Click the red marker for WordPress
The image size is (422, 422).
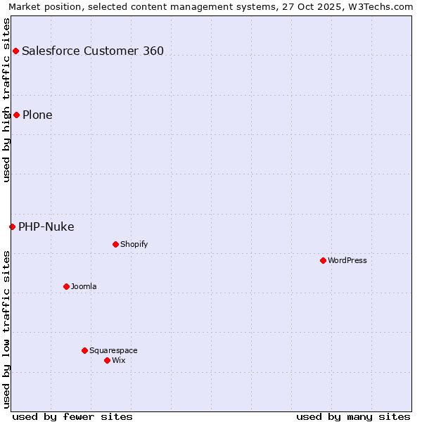(323, 260)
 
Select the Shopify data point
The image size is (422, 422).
(115, 244)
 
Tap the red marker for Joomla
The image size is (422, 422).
(66, 286)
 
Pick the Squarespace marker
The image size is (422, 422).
(84, 350)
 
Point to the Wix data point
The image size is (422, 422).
(107, 360)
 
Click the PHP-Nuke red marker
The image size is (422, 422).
(12, 226)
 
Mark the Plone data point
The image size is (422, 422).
(16, 115)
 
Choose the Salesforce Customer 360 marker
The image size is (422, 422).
(15, 51)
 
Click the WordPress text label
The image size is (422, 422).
(347, 260)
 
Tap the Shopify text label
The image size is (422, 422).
(134, 244)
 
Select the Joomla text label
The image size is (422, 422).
(84, 286)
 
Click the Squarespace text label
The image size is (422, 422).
(113, 350)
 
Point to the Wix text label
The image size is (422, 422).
(119, 360)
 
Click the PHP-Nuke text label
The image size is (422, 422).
(46, 226)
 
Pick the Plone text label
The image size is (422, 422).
(37, 115)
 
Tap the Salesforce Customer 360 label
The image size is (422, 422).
(93, 51)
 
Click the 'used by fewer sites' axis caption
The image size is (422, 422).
(72, 416)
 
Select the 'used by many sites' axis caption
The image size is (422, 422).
(353, 416)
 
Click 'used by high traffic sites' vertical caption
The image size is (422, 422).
(6, 100)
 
